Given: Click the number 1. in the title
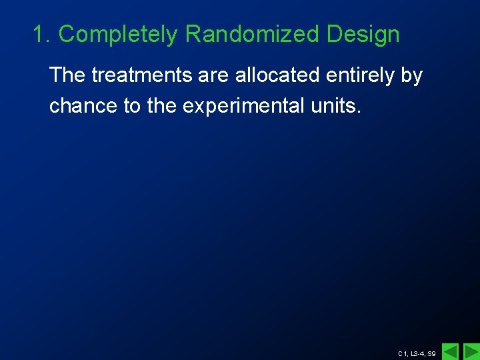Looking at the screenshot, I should [x=42, y=35].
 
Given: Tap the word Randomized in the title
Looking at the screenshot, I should [x=252, y=35].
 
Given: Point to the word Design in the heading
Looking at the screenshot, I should [x=363, y=35].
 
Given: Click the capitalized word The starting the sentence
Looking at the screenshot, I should [x=67, y=76].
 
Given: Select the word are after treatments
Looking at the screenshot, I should [x=214, y=76].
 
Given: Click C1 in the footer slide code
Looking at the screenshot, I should [x=403, y=353].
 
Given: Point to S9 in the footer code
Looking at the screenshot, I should [x=432, y=353].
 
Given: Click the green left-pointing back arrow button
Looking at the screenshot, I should [x=451, y=351].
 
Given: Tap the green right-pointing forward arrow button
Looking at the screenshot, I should [x=471, y=351].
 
